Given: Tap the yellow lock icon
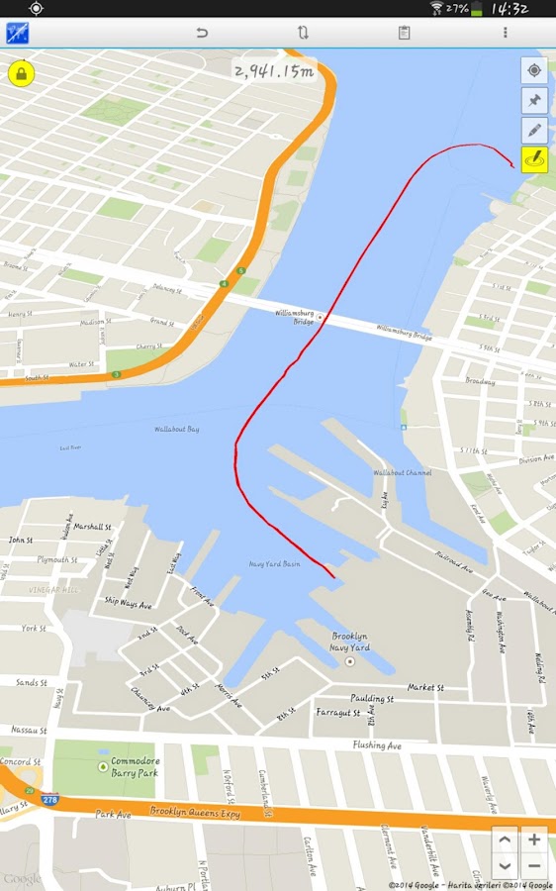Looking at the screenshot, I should click(x=21, y=72).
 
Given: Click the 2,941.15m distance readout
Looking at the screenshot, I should click(x=272, y=70).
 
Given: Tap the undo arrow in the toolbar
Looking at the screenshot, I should click(x=202, y=33).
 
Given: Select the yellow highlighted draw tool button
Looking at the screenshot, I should click(x=534, y=158).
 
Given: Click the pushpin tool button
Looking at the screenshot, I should click(x=534, y=100).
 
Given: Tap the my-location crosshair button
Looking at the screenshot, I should click(x=534, y=70).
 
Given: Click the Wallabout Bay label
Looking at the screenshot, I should click(x=176, y=430).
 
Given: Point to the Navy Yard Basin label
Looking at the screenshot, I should click(x=274, y=564).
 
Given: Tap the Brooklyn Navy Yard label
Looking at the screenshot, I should click(x=349, y=642).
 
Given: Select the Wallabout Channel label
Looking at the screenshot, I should click(x=402, y=473).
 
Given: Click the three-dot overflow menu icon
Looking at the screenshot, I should click(x=505, y=33).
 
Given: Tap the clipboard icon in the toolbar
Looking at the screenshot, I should click(x=404, y=33).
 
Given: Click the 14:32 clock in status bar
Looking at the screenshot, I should click(x=510, y=9).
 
